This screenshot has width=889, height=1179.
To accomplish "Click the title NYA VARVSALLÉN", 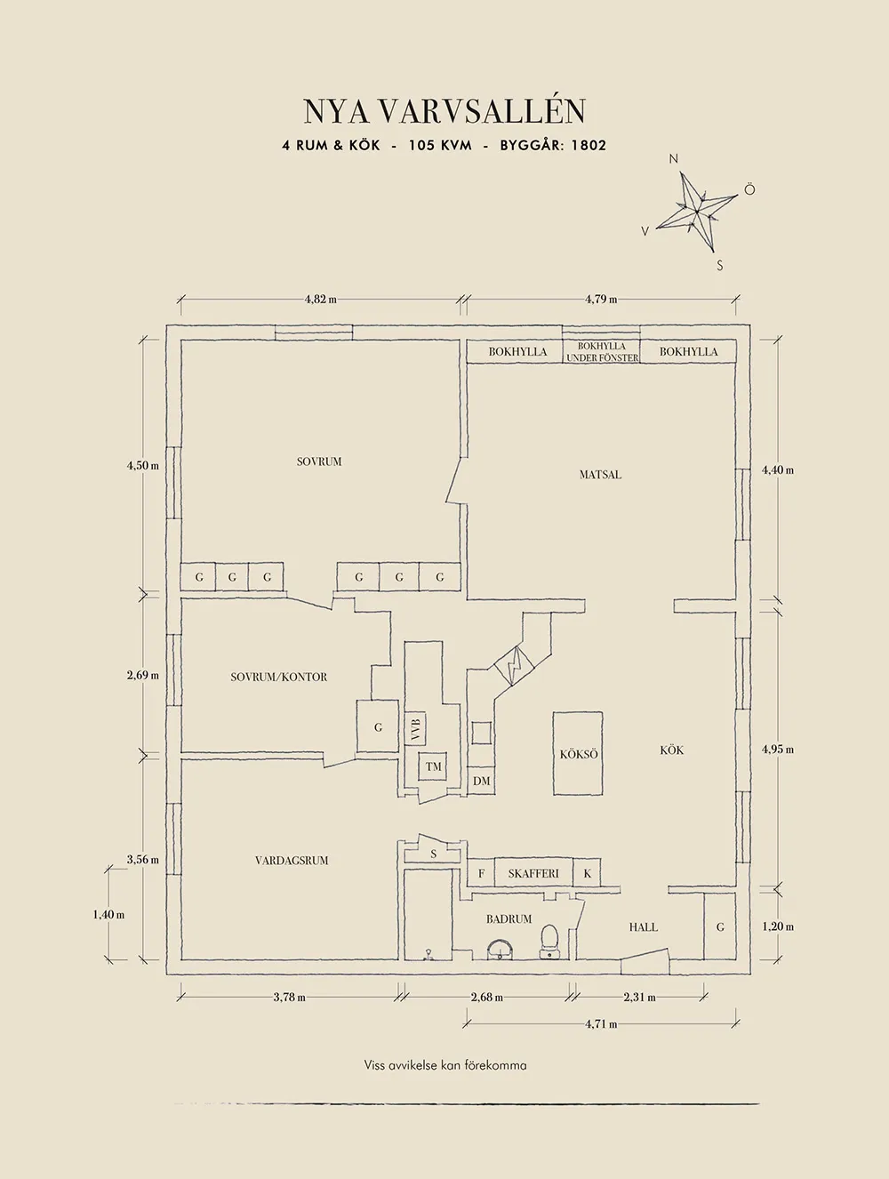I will [x=444, y=112].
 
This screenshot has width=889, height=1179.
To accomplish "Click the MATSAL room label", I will [x=600, y=475].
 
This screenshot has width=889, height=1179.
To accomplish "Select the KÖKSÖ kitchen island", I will [x=579, y=754].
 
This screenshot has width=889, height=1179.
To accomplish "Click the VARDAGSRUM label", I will [x=292, y=861].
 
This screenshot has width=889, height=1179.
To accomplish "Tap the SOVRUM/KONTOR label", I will [x=278, y=678].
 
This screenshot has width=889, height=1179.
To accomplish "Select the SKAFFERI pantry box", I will [x=533, y=874].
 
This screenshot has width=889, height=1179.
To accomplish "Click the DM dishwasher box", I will [x=482, y=782].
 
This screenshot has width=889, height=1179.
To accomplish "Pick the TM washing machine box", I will [x=433, y=766].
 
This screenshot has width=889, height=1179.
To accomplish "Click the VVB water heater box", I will [x=415, y=729].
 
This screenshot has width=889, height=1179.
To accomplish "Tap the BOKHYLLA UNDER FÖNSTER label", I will [x=602, y=352].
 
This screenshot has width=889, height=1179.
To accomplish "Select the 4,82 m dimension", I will [x=320, y=300].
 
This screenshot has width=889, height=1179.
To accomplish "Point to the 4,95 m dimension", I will [x=777, y=750].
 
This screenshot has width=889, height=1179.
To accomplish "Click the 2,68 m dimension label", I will [x=486, y=998].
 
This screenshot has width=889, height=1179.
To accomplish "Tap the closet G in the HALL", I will [x=720, y=927].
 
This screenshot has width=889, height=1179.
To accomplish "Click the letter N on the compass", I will [x=673, y=159].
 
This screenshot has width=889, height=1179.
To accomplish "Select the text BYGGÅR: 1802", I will [x=553, y=145].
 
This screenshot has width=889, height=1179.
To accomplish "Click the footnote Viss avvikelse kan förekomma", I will [x=445, y=1065].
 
